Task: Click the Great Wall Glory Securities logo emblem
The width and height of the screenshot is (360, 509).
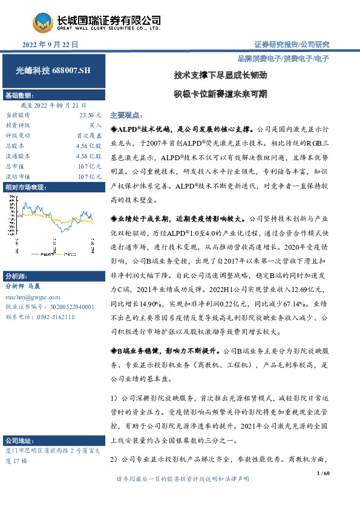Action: [x=43, y=23]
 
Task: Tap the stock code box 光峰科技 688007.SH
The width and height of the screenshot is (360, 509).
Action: [x=53, y=71]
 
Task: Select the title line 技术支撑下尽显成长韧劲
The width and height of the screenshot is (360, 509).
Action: [x=220, y=77]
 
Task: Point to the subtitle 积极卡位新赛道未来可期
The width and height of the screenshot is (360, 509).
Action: [x=220, y=94]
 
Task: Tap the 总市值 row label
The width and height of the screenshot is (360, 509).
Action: [x=15, y=166]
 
